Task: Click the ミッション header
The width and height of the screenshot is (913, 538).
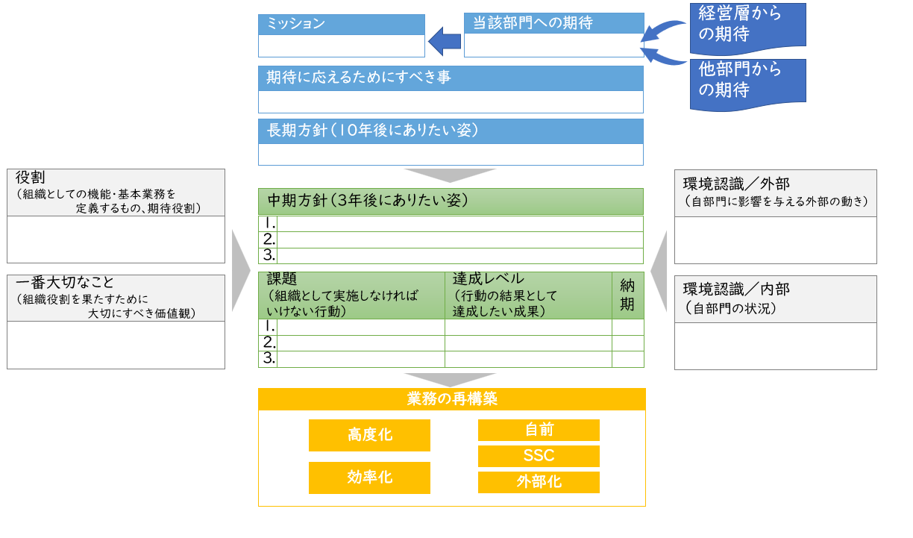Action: click(341, 24)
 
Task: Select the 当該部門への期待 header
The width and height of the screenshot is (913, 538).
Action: click(553, 23)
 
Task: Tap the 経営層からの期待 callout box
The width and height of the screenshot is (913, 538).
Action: click(747, 24)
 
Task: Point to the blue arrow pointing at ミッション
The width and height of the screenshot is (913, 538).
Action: click(445, 41)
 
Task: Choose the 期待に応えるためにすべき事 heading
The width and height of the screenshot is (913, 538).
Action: click(451, 78)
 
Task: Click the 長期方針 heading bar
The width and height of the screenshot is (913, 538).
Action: click(451, 131)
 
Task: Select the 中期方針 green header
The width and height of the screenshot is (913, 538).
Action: click(451, 201)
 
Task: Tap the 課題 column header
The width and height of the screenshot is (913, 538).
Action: click(351, 295)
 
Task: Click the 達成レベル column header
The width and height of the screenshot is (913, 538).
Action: click(528, 295)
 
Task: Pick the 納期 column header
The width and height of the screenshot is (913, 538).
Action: click(627, 295)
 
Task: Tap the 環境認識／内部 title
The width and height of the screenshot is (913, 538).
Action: click(775, 298)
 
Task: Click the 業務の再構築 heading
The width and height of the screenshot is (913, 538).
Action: click(451, 399)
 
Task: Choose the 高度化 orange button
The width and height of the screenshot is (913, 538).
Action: click(369, 435)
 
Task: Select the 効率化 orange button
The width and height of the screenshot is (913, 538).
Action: click(369, 478)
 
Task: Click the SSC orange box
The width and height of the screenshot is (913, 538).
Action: click(539, 456)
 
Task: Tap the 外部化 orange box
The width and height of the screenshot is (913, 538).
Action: click(539, 482)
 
